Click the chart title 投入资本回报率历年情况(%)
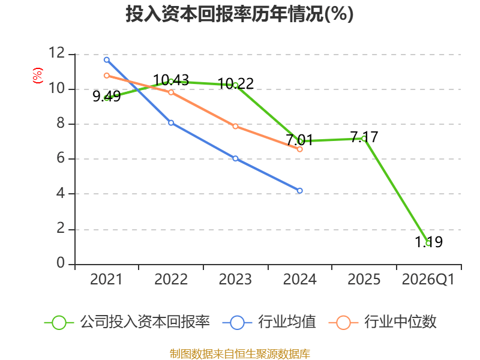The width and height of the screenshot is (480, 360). pyautogui.click(x=239, y=14)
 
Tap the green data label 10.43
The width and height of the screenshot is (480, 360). pyautogui.click(x=171, y=80)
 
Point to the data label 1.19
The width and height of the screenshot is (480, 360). pyautogui.click(x=428, y=242)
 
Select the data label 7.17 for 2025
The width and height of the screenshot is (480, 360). pyautogui.click(x=364, y=137)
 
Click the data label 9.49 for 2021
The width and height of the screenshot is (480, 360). pyautogui.click(x=106, y=96)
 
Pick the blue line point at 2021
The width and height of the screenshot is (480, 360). pyautogui.click(x=106, y=59)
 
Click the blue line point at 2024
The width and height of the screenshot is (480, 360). pyautogui.click(x=300, y=191)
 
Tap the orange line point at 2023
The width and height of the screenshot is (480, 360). pyautogui.click(x=236, y=126)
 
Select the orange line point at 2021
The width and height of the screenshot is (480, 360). pyautogui.click(x=106, y=76)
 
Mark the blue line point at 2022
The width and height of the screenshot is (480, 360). pyautogui.click(x=171, y=122)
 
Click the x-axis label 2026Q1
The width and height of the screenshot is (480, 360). pyautogui.click(x=428, y=280)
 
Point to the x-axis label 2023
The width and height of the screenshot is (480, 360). pyautogui.click(x=235, y=280)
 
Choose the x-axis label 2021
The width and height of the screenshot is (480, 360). pyautogui.click(x=106, y=280)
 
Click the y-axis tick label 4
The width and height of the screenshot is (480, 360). pyautogui.click(x=61, y=194)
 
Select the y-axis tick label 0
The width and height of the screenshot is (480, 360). pyautogui.click(x=61, y=263)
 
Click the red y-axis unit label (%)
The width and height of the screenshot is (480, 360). pyautogui.click(x=38, y=75)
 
